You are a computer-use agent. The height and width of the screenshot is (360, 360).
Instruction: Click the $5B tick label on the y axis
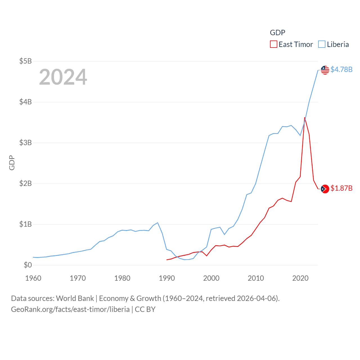tap(25, 61)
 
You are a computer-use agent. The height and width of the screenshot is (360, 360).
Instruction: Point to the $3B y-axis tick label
tap(25, 143)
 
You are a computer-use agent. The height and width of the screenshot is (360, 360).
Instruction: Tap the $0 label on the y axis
tap(28, 265)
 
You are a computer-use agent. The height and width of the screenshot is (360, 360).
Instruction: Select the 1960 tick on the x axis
tap(33, 278)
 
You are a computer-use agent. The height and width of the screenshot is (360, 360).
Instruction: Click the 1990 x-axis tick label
tap(167, 278)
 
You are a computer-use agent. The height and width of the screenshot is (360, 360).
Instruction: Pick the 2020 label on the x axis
tap(300, 278)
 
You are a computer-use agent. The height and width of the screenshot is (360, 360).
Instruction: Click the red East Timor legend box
tap(274, 44)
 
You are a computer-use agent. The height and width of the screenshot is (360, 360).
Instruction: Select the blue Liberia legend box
tap(322, 44)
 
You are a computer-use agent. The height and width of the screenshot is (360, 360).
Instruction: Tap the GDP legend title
tap(278, 33)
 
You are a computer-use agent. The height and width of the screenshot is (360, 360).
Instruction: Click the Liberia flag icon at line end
tap(325, 70)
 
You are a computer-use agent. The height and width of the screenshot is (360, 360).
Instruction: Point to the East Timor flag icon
tap(325, 189)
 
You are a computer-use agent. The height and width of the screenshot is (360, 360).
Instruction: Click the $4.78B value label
tap(341, 69)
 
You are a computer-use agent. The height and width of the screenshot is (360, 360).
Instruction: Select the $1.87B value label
tap(341, 188)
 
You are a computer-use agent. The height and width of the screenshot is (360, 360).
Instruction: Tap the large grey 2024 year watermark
tap(63, 77)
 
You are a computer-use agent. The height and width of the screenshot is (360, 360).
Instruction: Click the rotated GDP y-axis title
tap(12, 163)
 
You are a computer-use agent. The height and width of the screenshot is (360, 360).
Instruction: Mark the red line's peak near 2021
tap(305, 118)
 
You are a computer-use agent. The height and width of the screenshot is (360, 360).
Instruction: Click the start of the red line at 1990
tap(167, 260)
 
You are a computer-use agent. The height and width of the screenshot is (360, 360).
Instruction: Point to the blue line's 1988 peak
tap(158, 223)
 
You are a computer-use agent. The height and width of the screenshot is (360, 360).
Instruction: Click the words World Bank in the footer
tap(75, 298)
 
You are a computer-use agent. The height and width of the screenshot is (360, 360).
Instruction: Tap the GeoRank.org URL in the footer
tap(70, 309)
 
